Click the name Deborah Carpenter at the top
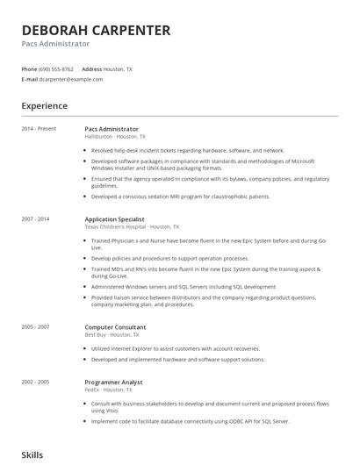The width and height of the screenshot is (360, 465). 96,31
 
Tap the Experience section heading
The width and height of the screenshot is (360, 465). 44,106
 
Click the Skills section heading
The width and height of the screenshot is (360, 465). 32,455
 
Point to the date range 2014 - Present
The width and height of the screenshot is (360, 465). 39,129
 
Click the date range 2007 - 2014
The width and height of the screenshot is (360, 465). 36,218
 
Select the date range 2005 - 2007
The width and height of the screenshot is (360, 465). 36,327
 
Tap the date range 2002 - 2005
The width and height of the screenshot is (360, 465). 36,383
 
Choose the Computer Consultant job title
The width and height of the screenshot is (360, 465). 115,327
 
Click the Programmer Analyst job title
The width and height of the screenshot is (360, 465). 113,383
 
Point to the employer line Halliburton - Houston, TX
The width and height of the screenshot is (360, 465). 115,137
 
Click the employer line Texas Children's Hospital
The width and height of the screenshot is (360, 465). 132,226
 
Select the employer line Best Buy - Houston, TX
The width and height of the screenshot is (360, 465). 112,335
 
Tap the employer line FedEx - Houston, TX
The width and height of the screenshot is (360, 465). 110,390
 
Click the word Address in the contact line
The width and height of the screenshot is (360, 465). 91,68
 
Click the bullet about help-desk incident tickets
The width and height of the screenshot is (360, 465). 188,150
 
